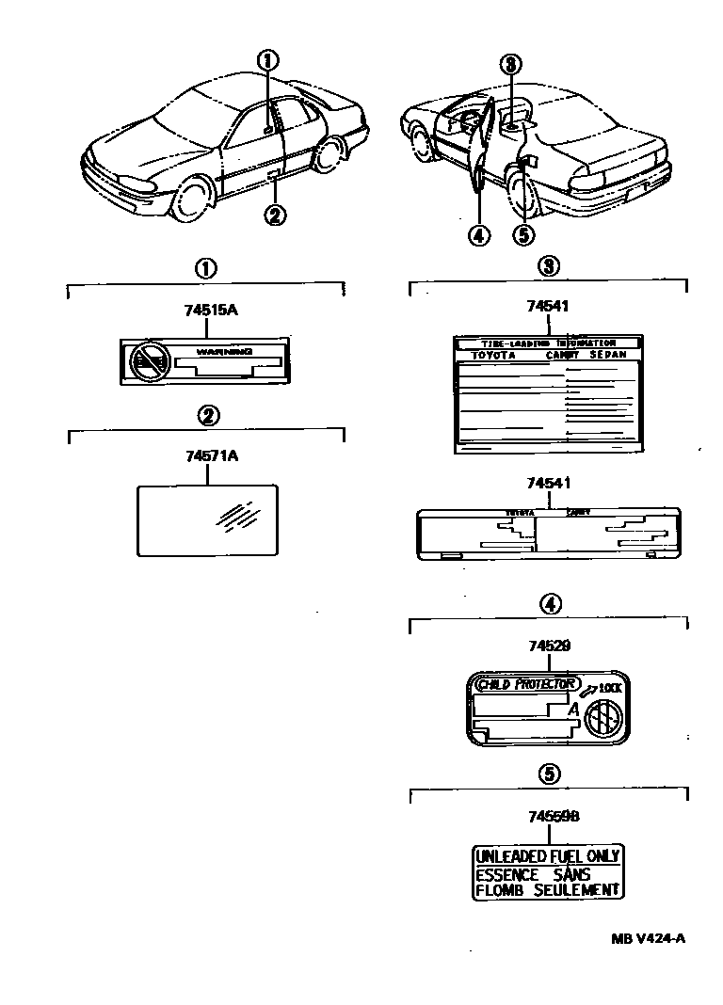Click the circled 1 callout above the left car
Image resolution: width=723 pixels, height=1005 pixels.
269,60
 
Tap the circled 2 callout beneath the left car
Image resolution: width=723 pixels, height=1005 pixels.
273,215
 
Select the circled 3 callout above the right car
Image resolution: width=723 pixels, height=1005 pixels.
510,64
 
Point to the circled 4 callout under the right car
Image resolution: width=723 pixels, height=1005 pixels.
478,234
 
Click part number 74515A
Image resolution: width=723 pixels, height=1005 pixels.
205,309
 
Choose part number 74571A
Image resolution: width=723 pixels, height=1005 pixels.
205,456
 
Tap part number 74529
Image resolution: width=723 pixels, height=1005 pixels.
549,646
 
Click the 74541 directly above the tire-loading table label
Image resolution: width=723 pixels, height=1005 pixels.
549,306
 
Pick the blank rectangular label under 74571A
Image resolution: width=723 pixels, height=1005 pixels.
206,518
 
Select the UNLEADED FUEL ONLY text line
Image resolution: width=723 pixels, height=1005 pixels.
547,856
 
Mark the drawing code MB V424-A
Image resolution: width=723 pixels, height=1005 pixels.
648,937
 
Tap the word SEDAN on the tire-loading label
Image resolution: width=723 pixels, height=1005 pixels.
607,356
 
